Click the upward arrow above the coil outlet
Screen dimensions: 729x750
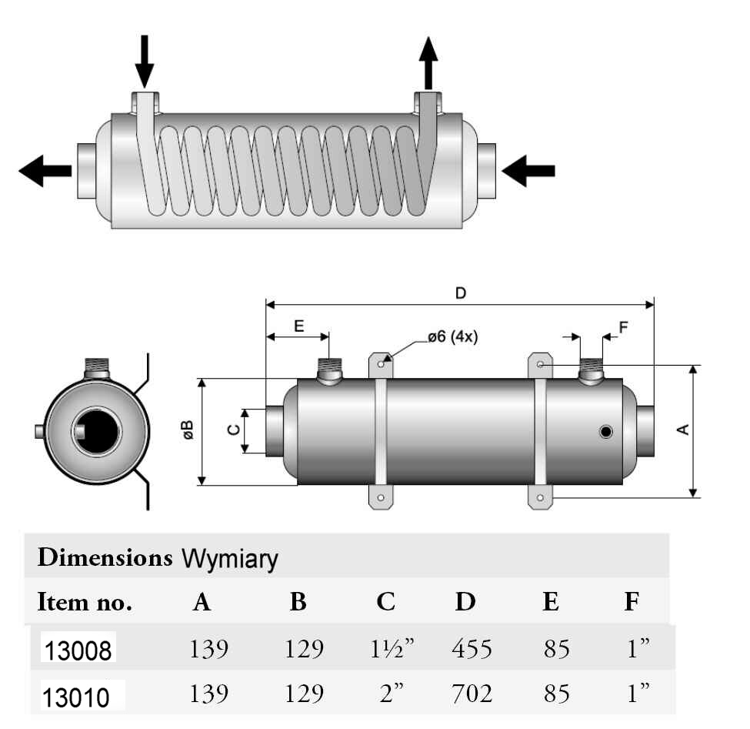click(x=428, y=63)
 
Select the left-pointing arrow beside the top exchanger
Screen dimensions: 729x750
click(x=45, y=170)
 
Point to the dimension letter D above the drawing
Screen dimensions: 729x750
click(x=461, y=293)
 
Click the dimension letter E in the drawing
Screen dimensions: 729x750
click(x=298, y=326)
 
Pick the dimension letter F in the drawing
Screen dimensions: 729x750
click(x=623, y=326)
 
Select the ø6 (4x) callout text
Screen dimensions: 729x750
click(x=452, y=336)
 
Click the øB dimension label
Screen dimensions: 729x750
click(x=188, y=431)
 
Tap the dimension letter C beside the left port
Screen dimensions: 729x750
click(x=234, y=431)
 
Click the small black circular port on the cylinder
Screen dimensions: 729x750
click(x=606, y=432)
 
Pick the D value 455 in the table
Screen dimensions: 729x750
click(x=471, y=649)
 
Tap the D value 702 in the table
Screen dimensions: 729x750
click(x=471, y=694)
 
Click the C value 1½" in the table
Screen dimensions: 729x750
click(x=388, y=649)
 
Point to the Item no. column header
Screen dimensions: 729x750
click(x=85, y=603)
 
